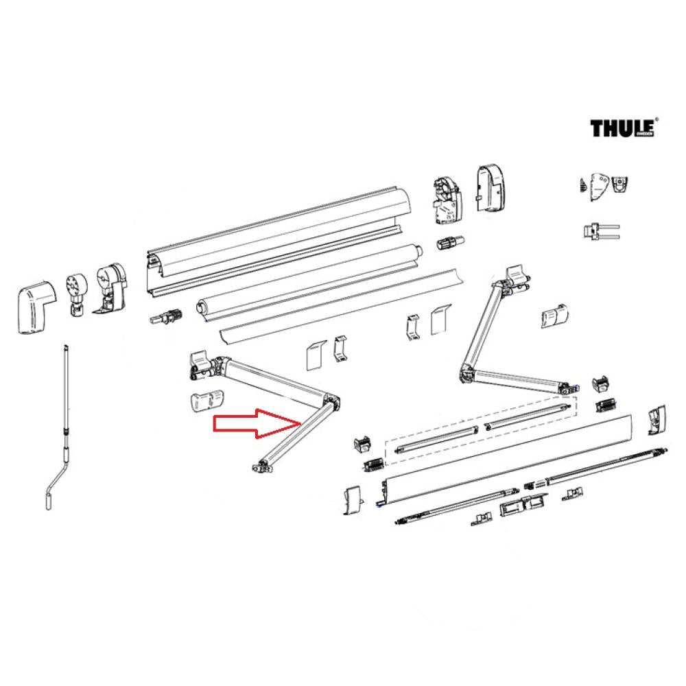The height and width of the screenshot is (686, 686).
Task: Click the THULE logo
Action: [x=624, y=128]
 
